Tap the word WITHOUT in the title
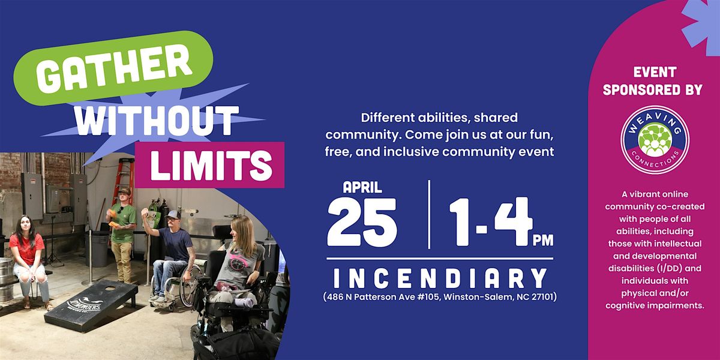pos(157,121)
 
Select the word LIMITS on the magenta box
pos(211,165)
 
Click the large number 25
pos(362,223)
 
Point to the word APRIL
pos(362,187)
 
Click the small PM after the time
pos(543,240)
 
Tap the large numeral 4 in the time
pos(514,221)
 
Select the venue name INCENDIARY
pos(440,278)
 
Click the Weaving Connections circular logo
pos(655,140)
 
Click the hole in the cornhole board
pos(110,289)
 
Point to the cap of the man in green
pos(124,191)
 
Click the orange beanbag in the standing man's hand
pos(112,214)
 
